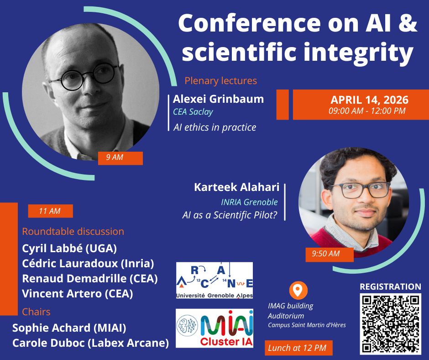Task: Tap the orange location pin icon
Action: pos(298,290)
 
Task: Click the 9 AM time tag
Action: pos(120,158)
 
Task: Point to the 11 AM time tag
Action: pos(50,211)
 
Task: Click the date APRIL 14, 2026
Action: pos(369,100)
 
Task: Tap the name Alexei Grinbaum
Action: pos(218,99)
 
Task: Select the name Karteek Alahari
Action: pos(237,187)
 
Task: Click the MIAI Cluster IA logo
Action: pos(214,328)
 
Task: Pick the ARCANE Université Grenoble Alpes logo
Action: pos(214,280)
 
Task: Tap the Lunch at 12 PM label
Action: pos(298,348)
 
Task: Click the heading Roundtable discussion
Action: pos(73,232)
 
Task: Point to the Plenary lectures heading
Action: pos(221,81)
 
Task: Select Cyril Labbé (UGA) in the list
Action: pos(69,249)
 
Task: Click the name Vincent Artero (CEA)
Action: pos(78,294)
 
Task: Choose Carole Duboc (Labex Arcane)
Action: pos(90,343)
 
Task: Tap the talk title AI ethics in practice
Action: pos(215,127)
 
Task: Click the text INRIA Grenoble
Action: pos(249,202)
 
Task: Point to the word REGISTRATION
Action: pos(390,287)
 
